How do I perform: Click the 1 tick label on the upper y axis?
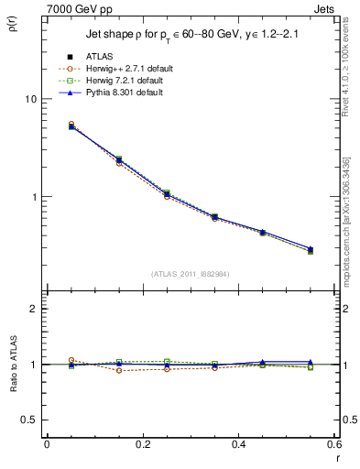(36, 197)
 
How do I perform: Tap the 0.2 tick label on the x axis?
(142, 444)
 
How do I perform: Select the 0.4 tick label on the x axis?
(238, 444)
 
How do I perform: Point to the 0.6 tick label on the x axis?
(333, 444)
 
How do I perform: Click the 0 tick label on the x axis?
(47, 444)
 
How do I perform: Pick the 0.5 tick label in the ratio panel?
(30, 420)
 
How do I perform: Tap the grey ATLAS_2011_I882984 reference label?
(190, 274)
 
